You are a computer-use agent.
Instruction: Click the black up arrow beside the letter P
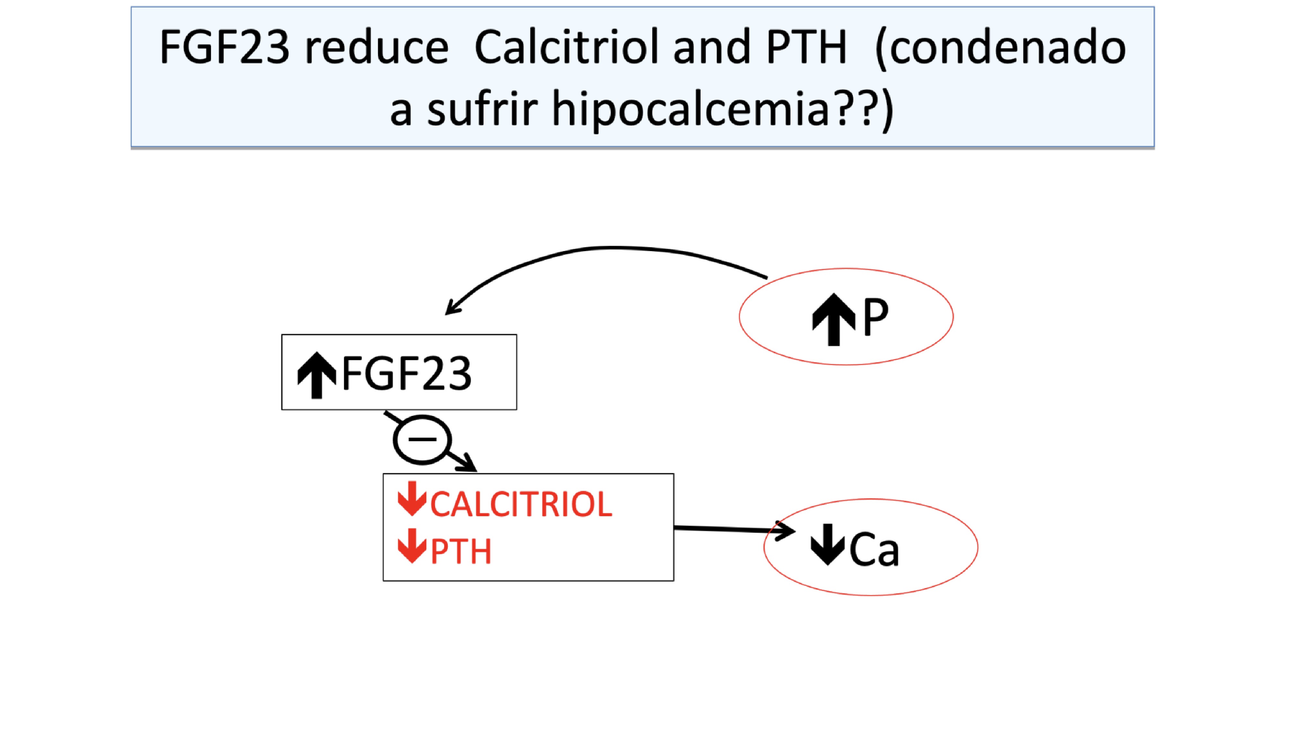point(833,319)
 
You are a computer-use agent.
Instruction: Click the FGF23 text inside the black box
point(407,373)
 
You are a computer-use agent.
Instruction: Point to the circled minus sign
point(422,439)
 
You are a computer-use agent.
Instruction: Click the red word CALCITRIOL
point(521,504)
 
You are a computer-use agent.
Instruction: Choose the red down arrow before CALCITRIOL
point(412,499)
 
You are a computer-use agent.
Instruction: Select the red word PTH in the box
point(460,552)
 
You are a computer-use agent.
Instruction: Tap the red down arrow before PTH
point(412,546)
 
